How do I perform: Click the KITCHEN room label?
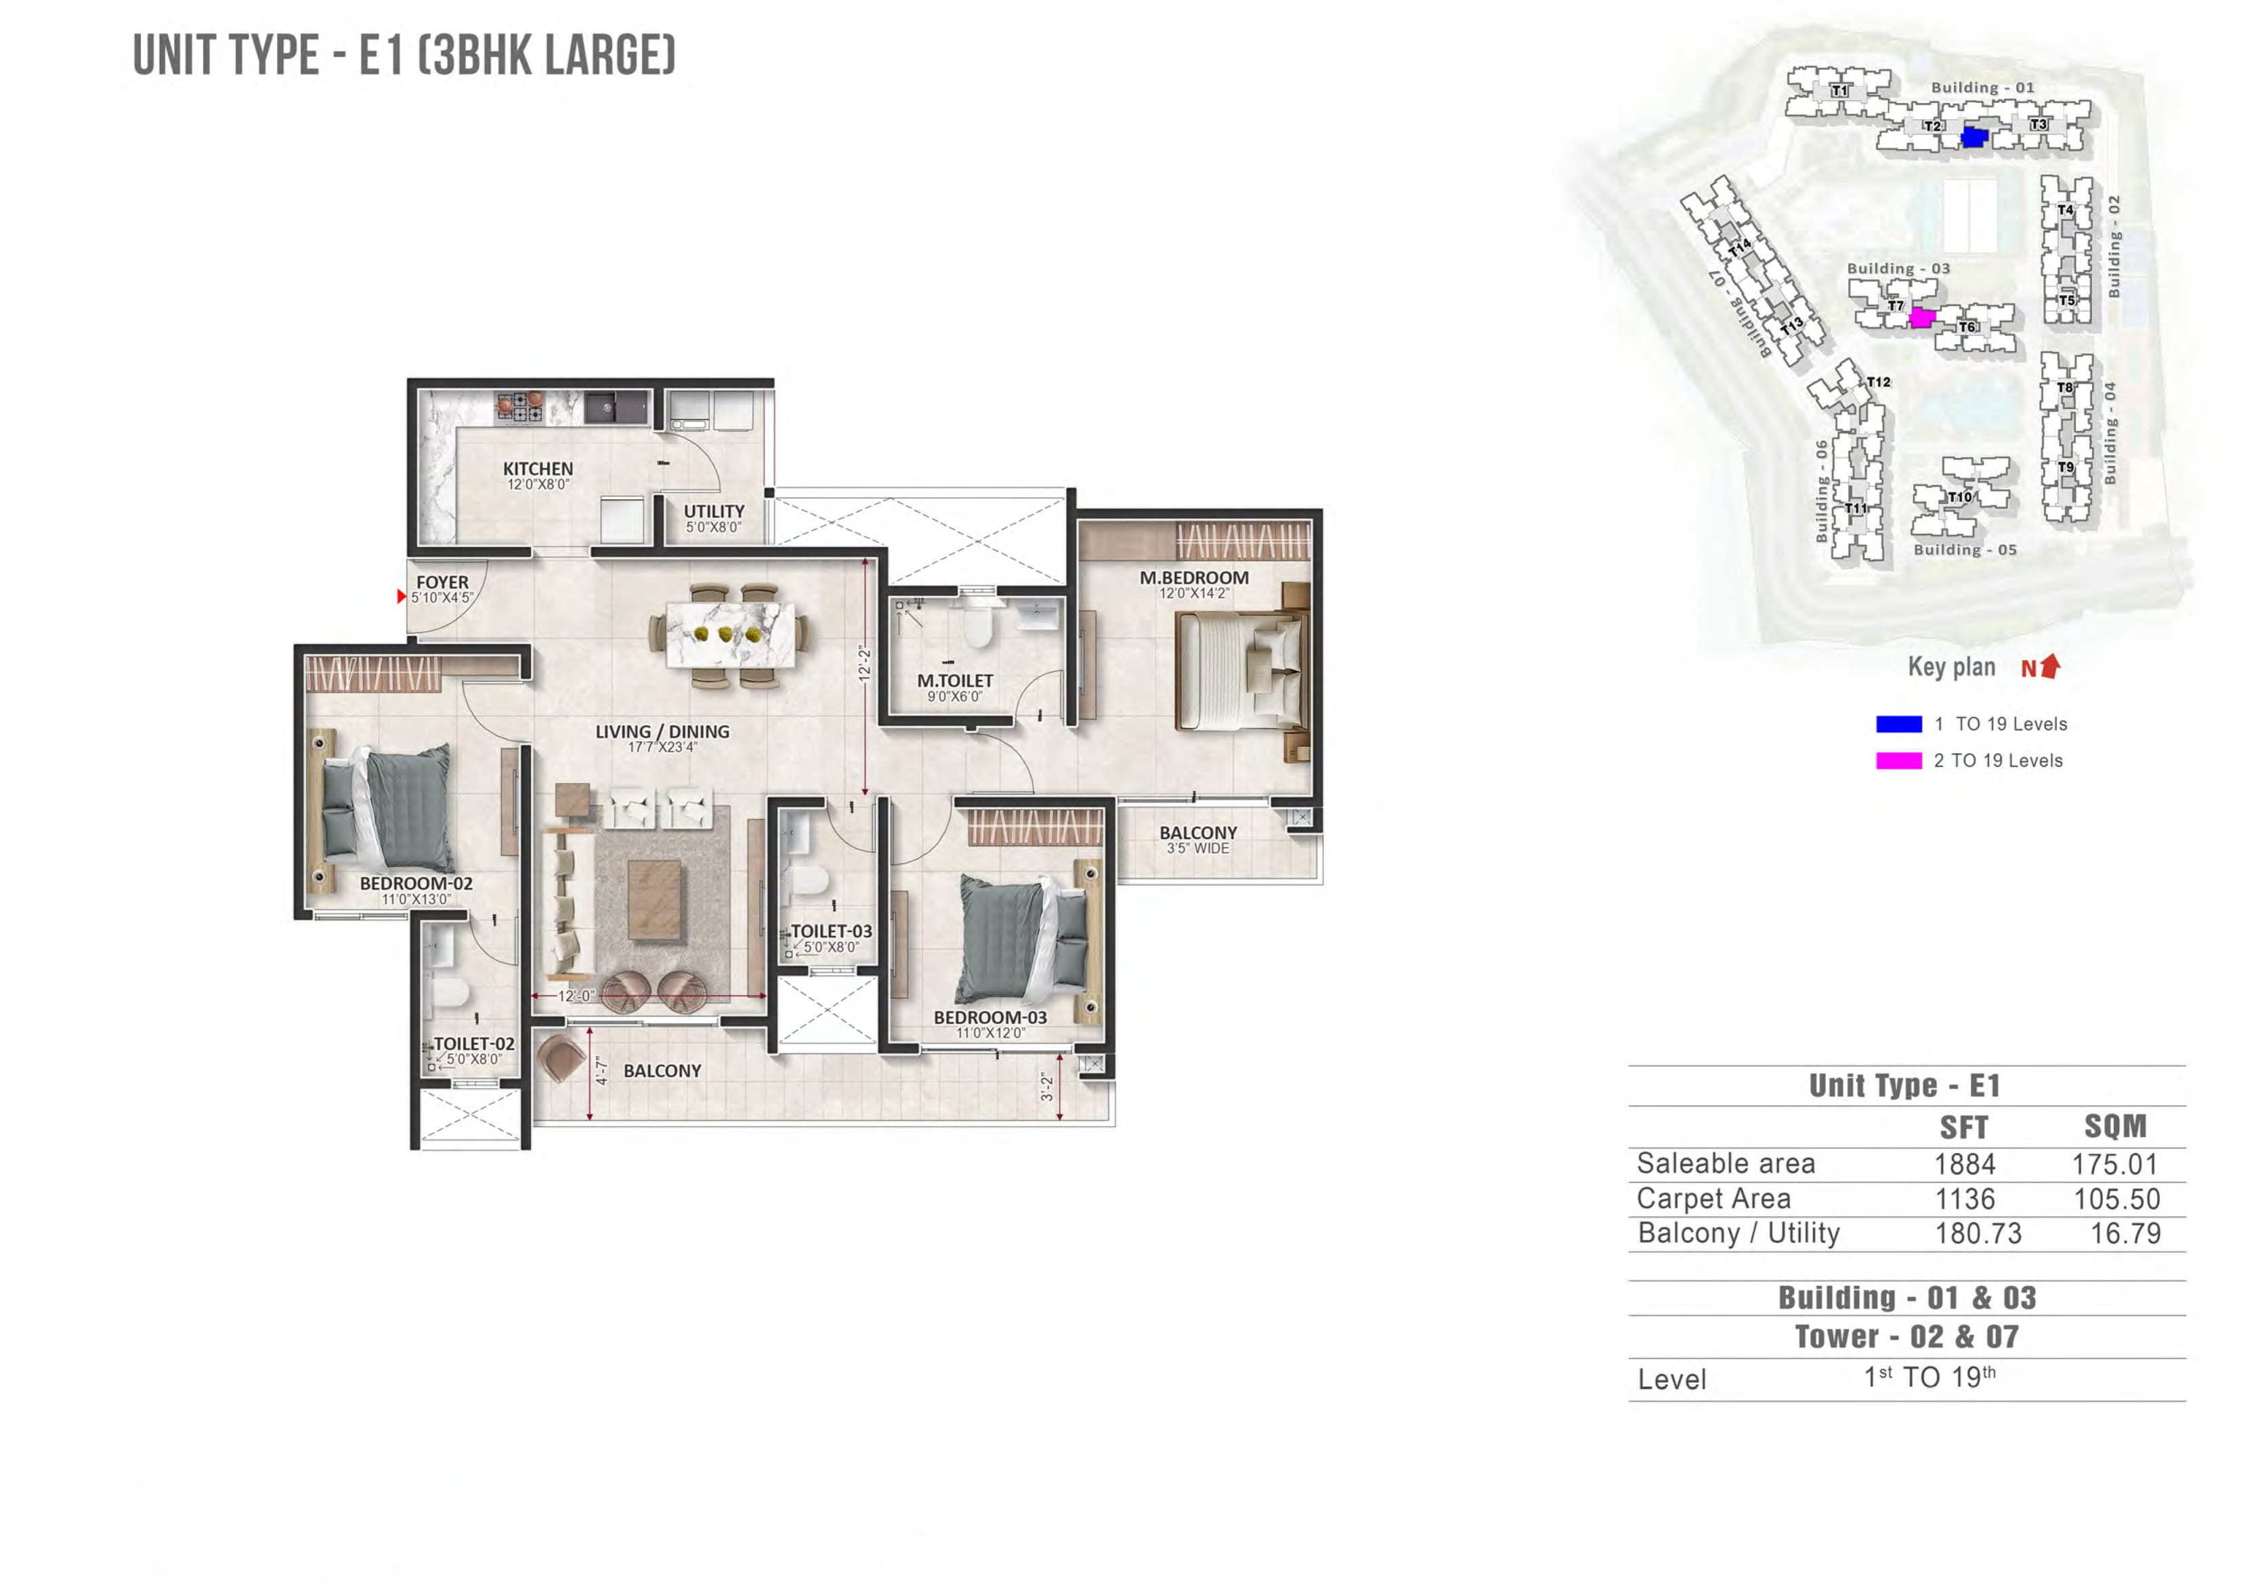538,469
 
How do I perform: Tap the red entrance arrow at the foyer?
401,597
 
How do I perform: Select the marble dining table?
730,635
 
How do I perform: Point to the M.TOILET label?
954,681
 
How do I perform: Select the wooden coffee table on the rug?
654,900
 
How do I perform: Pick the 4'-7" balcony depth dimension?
602,1071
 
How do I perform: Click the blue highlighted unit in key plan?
1973,137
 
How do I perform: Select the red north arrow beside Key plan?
2051,666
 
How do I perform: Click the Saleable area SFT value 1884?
1965,1164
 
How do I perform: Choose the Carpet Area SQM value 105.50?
2116,1199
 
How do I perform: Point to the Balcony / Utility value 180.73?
1978,1234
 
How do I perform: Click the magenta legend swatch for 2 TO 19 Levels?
1898,761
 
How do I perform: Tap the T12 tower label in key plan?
1878,383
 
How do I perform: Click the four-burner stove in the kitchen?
519,407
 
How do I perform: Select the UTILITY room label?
714,511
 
